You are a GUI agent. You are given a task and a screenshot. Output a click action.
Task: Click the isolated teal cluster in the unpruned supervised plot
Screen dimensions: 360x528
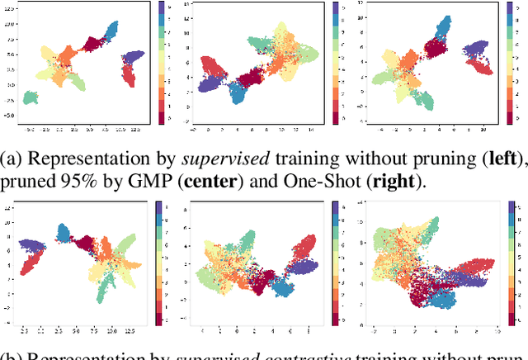coord(31,97)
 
